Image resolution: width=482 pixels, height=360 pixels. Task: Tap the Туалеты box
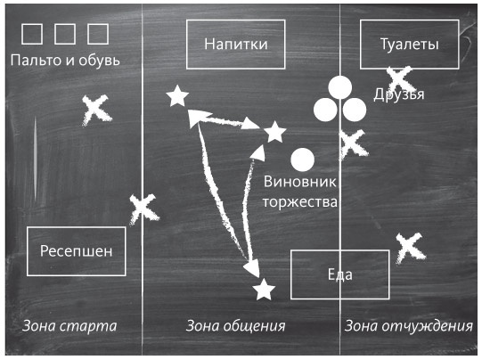pos(409,44)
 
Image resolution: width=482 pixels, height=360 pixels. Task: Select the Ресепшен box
pos(77,251)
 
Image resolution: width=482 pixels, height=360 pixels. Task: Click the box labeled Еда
pos(339,274)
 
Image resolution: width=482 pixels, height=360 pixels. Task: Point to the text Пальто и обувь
pos(64,61)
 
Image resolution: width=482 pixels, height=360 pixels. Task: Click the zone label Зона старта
pos(70,325)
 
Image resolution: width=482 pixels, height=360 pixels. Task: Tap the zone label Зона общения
pos(235,325)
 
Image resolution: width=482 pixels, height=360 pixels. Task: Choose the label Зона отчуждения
pos(408,325)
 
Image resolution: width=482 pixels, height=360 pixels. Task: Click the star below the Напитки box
pos(177,95)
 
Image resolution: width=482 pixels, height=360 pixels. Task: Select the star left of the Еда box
pos(263,290)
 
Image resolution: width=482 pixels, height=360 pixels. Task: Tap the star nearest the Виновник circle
pos(275,133)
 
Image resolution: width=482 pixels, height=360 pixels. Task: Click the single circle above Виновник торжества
pos(303,160)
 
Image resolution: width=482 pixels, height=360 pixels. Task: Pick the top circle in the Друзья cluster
pos(339,88)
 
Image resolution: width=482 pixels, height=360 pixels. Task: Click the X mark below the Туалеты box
pos(398,79)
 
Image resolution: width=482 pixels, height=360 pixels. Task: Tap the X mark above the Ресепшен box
pos(143,209)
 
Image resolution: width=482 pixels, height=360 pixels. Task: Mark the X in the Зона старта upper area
pos(97,110)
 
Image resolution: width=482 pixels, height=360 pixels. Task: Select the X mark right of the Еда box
pos(408,247)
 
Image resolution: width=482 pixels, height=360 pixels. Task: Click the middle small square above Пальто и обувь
pos(64,34)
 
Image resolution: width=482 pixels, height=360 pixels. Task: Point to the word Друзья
pos(398,94)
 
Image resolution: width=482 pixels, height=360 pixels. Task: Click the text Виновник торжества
pos(300,191)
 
